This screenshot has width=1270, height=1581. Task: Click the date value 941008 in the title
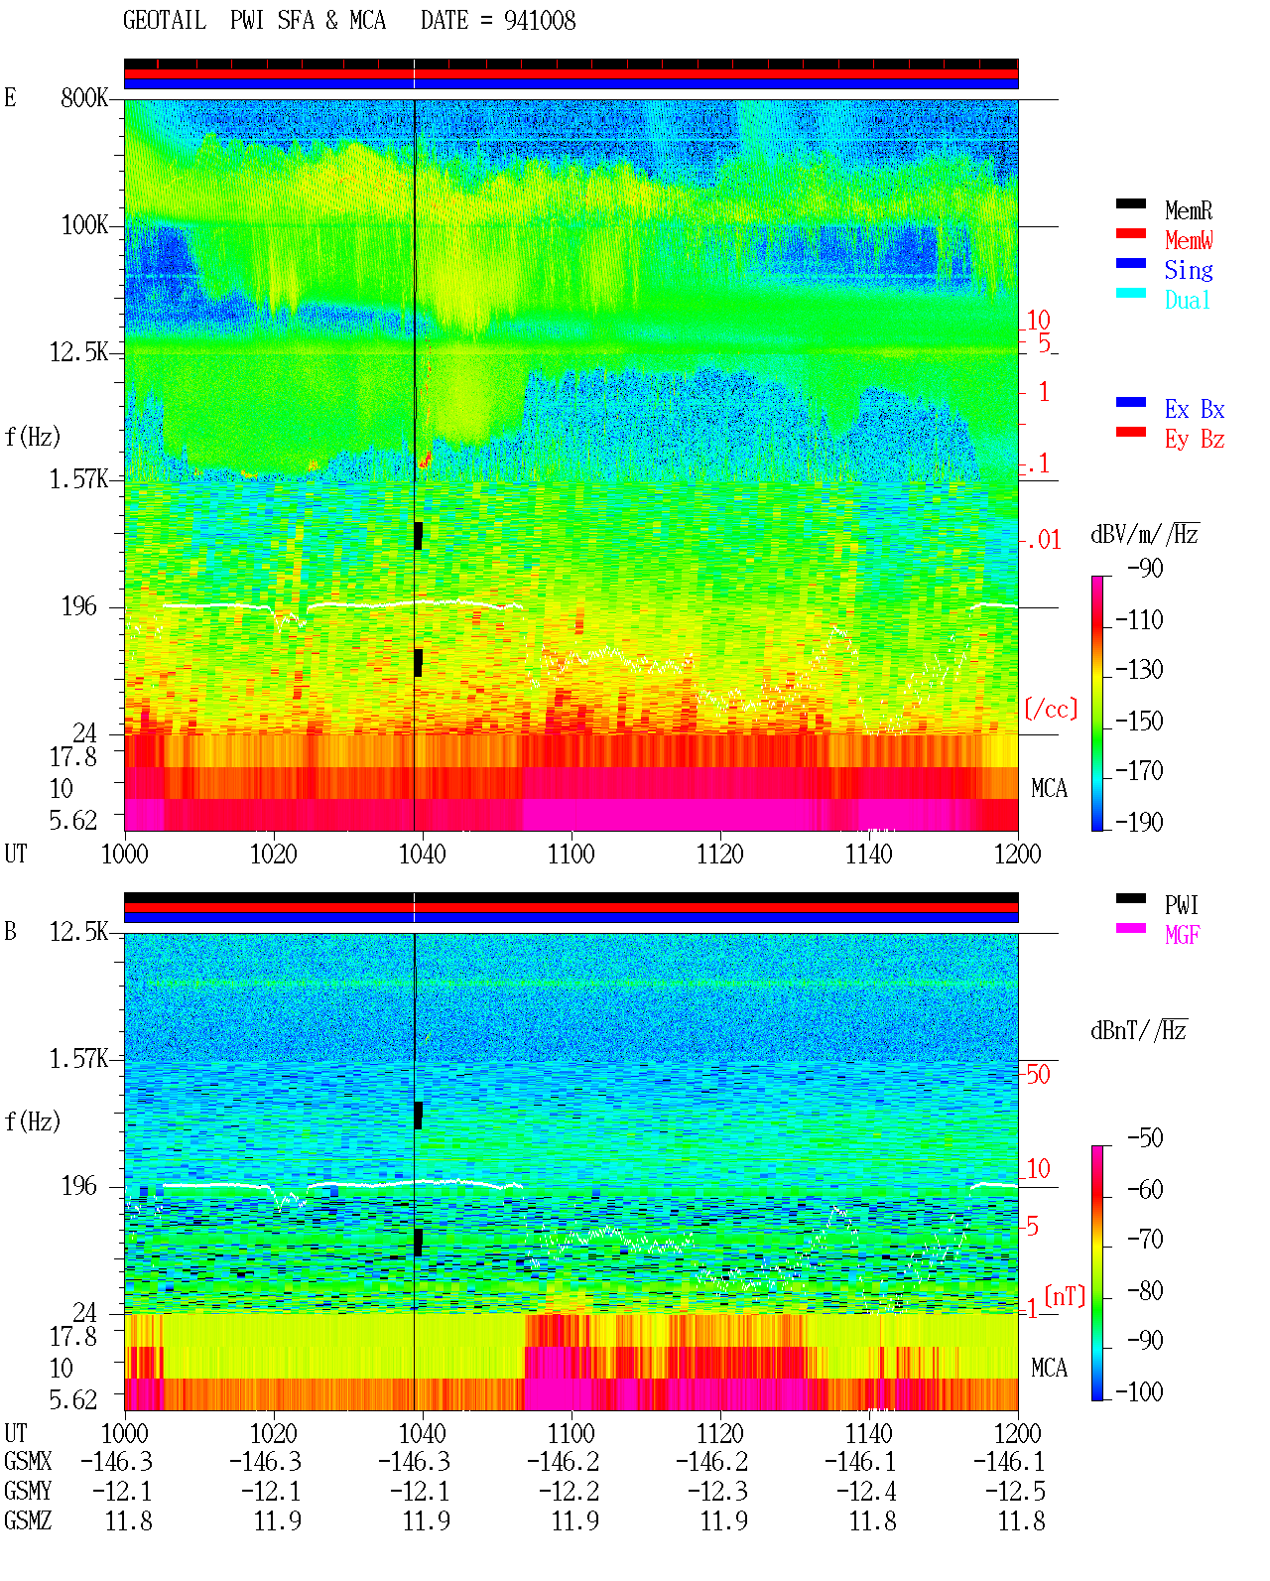pos(539,21)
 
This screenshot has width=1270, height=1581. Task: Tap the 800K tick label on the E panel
pos(84,97)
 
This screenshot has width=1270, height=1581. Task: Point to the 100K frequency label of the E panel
pos(84,225)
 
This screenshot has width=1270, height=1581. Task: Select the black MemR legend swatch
pos(1130,203)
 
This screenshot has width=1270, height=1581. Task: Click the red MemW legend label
pos(1189,240)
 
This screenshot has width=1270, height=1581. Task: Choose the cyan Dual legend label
pos(1187,300)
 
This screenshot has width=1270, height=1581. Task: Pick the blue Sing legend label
pos(1188,270)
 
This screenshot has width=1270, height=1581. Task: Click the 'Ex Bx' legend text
pos(1194,409)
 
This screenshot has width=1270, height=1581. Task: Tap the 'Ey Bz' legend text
pos(1194,440)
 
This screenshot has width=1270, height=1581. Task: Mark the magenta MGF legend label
pos(1182,935)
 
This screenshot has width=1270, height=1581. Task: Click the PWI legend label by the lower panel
pos(1181,905)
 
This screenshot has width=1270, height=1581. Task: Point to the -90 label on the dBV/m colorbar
pos(1145,568)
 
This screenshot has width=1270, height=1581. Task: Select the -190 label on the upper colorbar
pos(1139,822)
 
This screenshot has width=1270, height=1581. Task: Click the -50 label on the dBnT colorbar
pos(1145,1138)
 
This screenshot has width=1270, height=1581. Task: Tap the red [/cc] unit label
pos(1051,709)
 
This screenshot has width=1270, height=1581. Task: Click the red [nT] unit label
pos(1065,1296)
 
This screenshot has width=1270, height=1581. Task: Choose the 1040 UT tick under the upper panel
pos(423,854)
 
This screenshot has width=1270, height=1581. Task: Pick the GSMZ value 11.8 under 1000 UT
pos(129,1520)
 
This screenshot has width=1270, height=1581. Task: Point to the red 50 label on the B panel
pos(1038,1075)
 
